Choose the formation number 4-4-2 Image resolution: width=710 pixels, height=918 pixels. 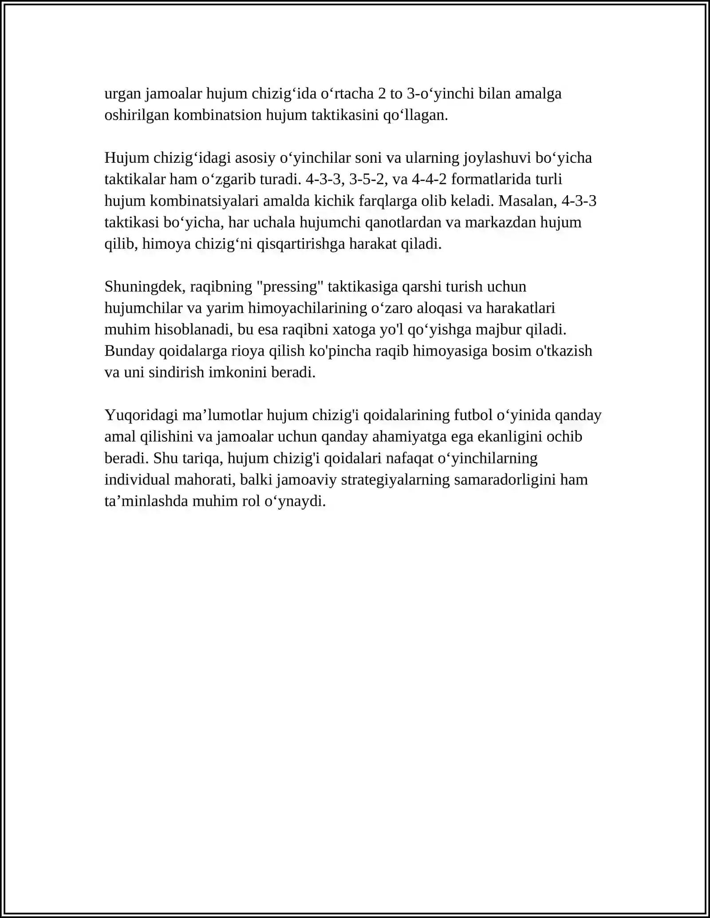pos(429,179)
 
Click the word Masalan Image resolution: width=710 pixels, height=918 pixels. pos(528,201)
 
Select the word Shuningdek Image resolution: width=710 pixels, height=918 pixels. pos(144,286)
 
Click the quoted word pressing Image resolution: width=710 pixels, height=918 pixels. pos(290,286)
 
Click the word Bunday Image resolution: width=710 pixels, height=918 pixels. pos(130,351)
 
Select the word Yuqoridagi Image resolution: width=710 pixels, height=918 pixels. pos(142,415)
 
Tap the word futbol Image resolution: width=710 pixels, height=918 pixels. pos(473,415)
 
